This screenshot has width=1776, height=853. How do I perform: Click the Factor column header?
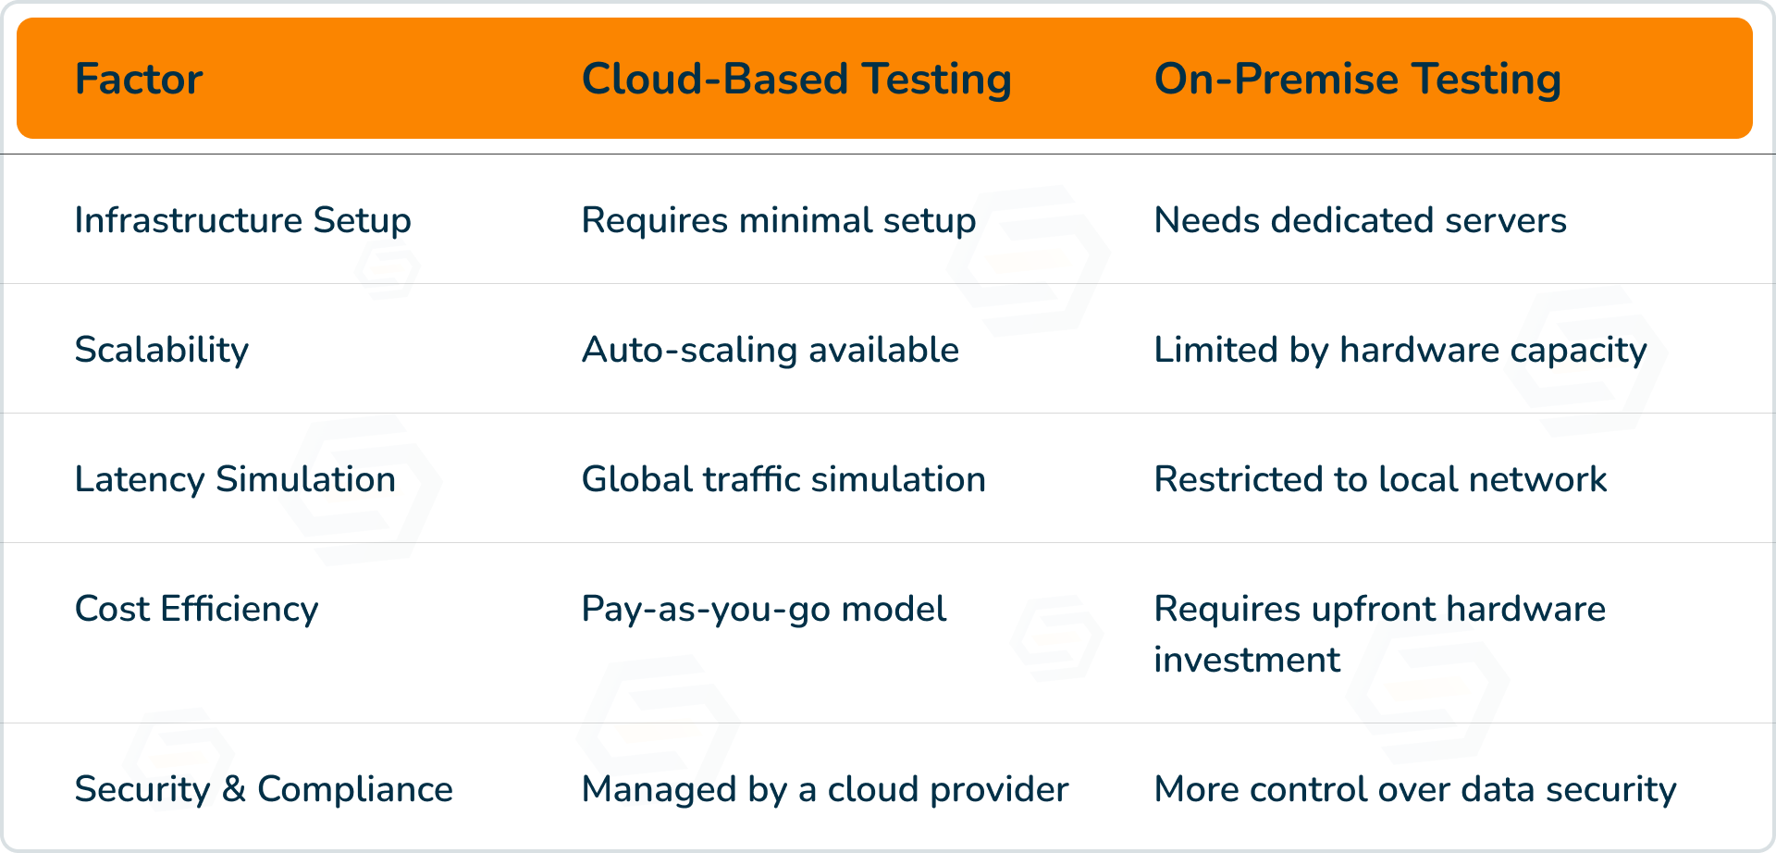click(139, 79)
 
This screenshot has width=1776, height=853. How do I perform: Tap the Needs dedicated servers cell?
click(1361, 220)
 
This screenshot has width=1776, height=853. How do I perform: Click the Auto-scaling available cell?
click(771, 351)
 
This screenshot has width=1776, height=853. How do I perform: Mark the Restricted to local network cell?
click(1380, 479)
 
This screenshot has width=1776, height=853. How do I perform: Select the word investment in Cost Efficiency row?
click(1247, 660)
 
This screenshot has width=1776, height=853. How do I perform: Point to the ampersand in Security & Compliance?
click(234, 789)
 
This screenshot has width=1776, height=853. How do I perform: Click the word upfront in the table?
click(1374, 611)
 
